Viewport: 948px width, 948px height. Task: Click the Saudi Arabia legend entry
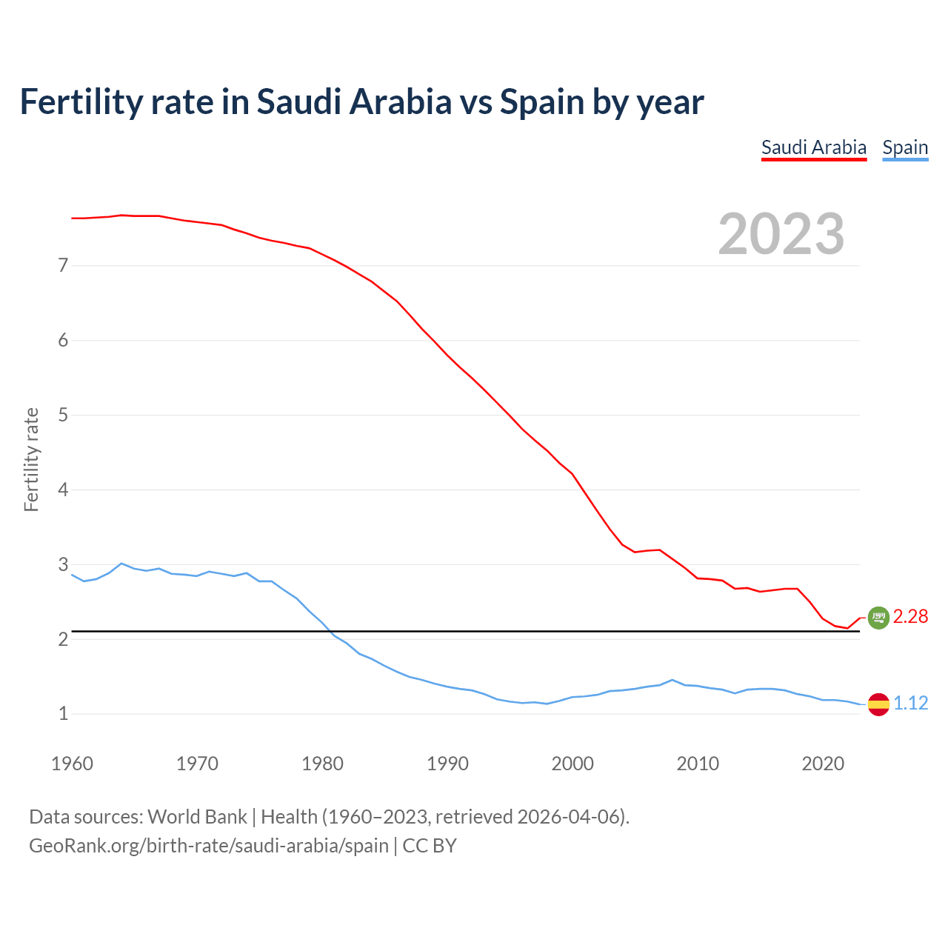[x=813, y=147]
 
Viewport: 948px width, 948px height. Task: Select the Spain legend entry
[x=905, y=147]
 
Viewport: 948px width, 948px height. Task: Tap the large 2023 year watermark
[x=781, y=234]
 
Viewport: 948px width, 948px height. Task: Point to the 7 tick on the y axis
[x=63, y=265]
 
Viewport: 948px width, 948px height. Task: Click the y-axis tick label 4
[x=63, y=490]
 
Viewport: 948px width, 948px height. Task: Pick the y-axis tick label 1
[x=63, y=714]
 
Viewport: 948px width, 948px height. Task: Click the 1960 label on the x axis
[x=72, y=764]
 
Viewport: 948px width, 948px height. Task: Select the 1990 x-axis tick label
[x=447, y=764]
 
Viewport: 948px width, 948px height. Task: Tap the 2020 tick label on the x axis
[x=823, y=764]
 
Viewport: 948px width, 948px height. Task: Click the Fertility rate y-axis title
[x=31, y=459]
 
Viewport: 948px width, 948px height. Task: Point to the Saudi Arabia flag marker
[x=878, y=617]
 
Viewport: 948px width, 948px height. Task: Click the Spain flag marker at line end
[x=878, y=704]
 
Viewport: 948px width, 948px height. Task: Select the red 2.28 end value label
[x=910, y=617]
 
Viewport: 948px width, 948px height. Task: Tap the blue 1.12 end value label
[x=910, y=704]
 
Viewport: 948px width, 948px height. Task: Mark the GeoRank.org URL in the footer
[x=208, y=846]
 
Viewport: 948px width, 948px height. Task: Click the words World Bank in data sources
[x=197, y=817]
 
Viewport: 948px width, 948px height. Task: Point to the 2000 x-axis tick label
[x=573, y=764]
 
